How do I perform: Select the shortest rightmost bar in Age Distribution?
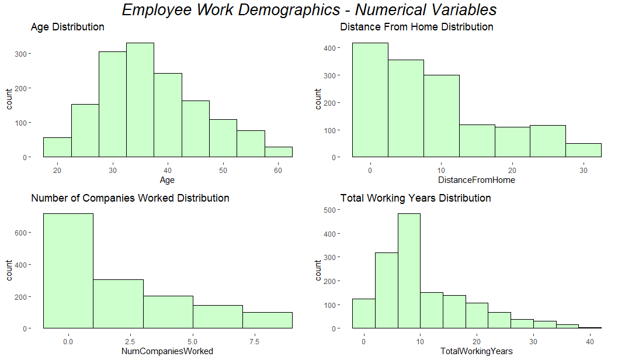click(279, 152)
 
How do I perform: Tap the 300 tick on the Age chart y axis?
click(26, 54)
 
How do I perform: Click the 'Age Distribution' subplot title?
click(68, 27)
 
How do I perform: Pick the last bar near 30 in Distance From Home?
click(583, 150)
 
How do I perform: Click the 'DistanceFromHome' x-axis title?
click(477, 181)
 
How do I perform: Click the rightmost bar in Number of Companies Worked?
click(267, 320)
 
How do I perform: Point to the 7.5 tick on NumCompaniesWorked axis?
click(242, 341)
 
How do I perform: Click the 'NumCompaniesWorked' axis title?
click(167, 351)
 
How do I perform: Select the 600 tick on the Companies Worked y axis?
click(26, 233)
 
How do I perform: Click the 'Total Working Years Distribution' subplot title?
click(415, 198)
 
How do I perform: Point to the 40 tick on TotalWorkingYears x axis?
click(589, 341)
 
